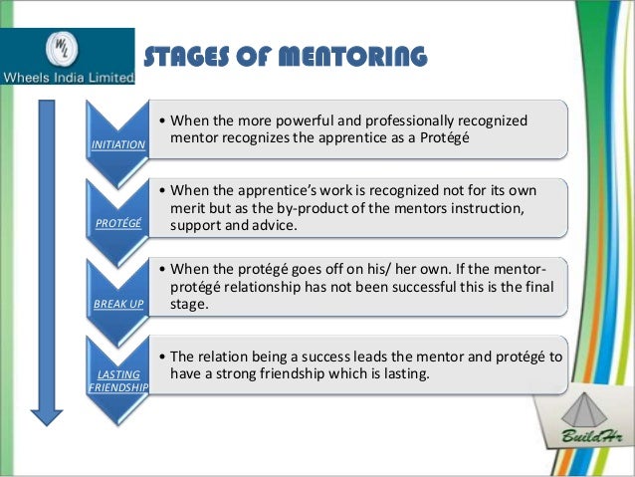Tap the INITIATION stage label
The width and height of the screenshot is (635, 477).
tap(117, 145)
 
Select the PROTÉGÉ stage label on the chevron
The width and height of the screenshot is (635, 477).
tap(116, 224)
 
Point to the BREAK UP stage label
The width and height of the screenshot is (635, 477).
tap(117, 303)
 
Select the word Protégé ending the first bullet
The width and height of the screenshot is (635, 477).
tap(466, 139)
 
